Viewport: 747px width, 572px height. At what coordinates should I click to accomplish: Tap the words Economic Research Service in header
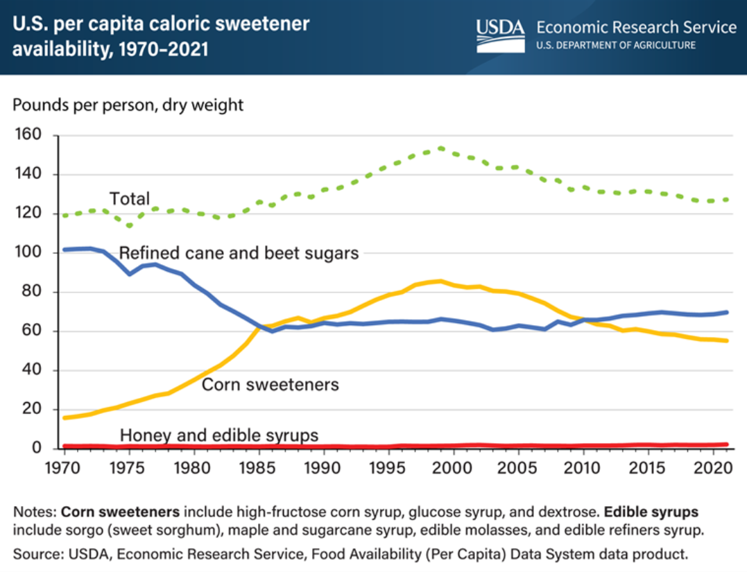[x=636, y=27]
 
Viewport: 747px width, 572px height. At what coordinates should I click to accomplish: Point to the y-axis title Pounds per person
[x=128, y=105]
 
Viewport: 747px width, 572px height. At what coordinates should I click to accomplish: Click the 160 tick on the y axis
[x=30, y=135]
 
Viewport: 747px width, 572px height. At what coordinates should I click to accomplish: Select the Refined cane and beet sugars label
[x=239, y=252]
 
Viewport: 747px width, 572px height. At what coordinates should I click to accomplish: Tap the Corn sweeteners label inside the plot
[x=270, y=383]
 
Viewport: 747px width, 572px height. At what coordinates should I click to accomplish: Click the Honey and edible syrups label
[x=219, y=435]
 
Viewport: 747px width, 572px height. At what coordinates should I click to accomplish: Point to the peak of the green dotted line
[x=440, y=148]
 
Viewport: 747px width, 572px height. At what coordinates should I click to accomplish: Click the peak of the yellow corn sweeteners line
[x=440, y=281]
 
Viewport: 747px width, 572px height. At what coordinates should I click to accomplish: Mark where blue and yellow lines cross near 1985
[x=259, y=326]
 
